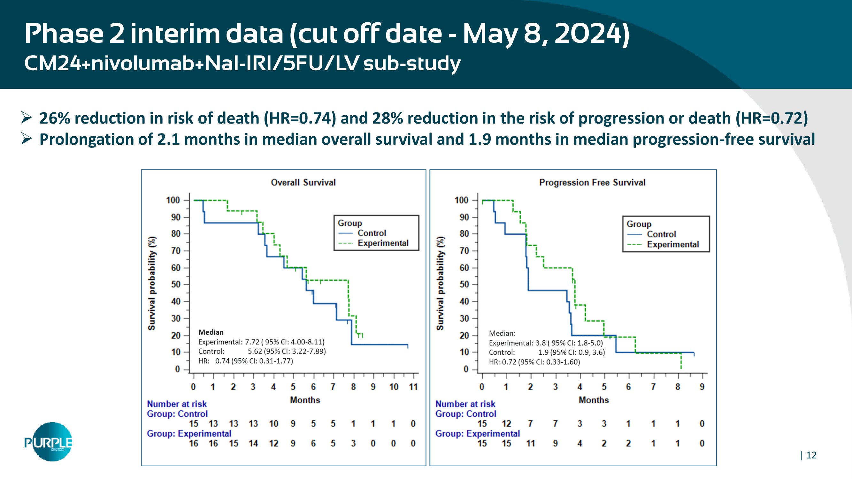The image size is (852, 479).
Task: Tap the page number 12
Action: coord(811,455)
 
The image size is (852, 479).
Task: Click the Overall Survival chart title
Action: coord(303,182)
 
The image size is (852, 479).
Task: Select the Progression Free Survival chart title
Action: coord(592,182)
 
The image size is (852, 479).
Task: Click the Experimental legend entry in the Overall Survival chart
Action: coord(383,243)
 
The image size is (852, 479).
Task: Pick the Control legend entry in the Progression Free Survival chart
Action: coord(661,234)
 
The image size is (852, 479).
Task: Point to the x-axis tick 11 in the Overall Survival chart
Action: coord(413,387)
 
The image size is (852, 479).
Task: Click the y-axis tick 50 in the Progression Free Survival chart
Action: coord(464,284)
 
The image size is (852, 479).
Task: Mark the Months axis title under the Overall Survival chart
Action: coord(305,400)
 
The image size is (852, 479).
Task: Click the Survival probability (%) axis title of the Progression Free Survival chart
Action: coord(440,283)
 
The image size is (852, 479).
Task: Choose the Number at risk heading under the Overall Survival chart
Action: coord(177,404)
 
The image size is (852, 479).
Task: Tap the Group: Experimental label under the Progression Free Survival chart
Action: coord(477,433)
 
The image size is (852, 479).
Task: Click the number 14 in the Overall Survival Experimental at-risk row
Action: coord(253,443)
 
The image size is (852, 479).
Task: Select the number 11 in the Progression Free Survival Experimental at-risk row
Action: coord(531,443)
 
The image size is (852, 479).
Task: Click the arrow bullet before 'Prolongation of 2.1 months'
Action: coord(26,139)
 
